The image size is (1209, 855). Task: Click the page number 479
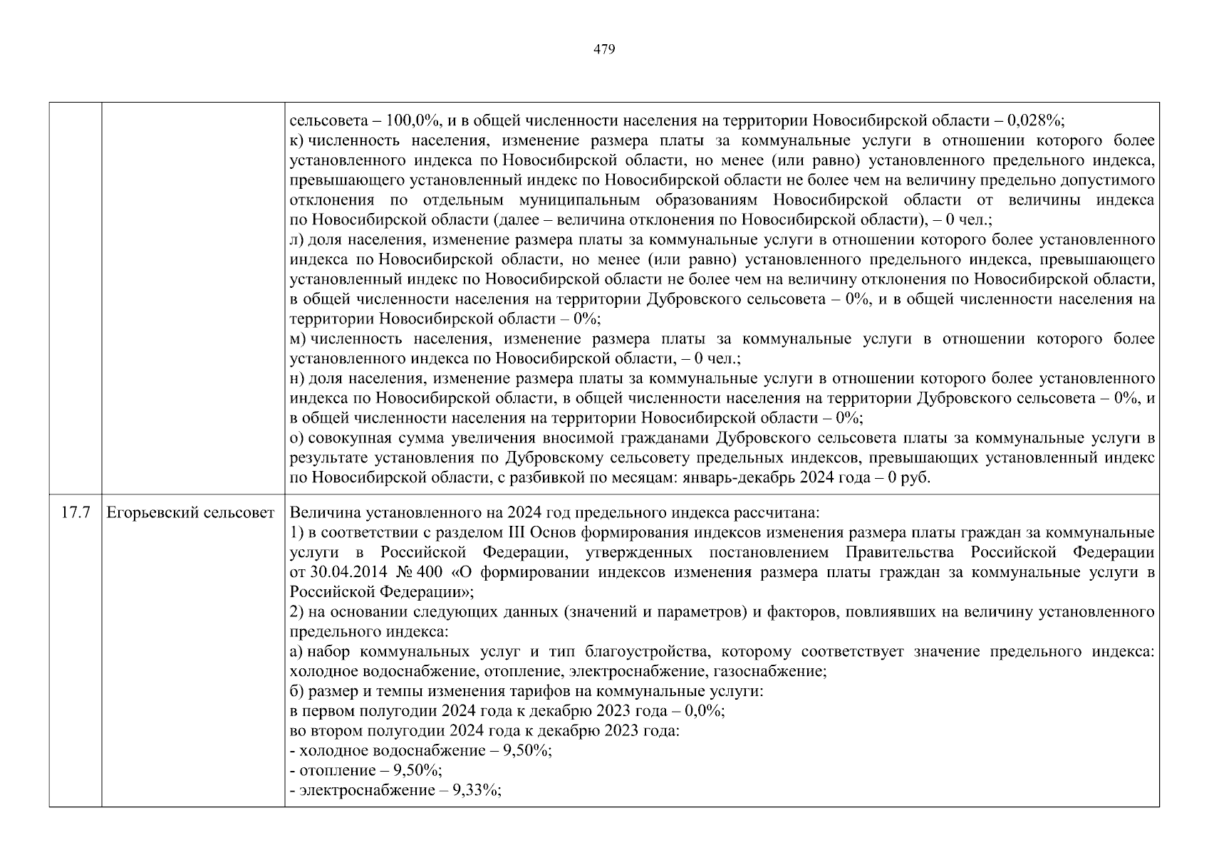click(604, 49)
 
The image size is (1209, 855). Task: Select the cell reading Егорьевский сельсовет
click(190, 513)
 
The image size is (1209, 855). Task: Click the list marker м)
click(298, 338)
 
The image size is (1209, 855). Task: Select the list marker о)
click(297, 437)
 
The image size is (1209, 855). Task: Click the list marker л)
click(297, 239)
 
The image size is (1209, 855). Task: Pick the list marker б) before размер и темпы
click(297, 691)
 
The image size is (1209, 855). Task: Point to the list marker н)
click(297, 378)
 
